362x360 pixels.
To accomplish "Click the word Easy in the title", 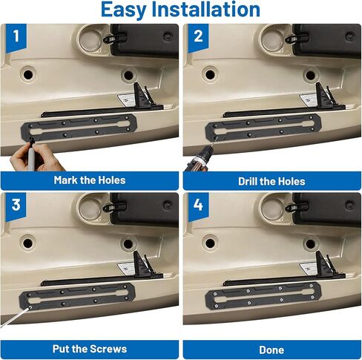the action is (x=124, y=10).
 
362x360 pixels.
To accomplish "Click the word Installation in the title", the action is (x=205, y=10).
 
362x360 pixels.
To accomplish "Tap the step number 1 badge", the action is (x=16, y=37).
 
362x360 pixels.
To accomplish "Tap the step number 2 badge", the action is (x=198, y=37).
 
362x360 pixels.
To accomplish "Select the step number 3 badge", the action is (x=16, y=206).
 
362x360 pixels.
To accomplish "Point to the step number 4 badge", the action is (x=198, y=206).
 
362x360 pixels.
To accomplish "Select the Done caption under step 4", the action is (x=271, y=350).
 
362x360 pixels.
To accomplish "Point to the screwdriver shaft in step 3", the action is (x=15, y=318).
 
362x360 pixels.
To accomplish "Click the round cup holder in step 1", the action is (x=90, y=39).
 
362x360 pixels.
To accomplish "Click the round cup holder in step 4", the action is (x=272, y=209).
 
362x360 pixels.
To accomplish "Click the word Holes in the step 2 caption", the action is (x=292, y=181).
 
